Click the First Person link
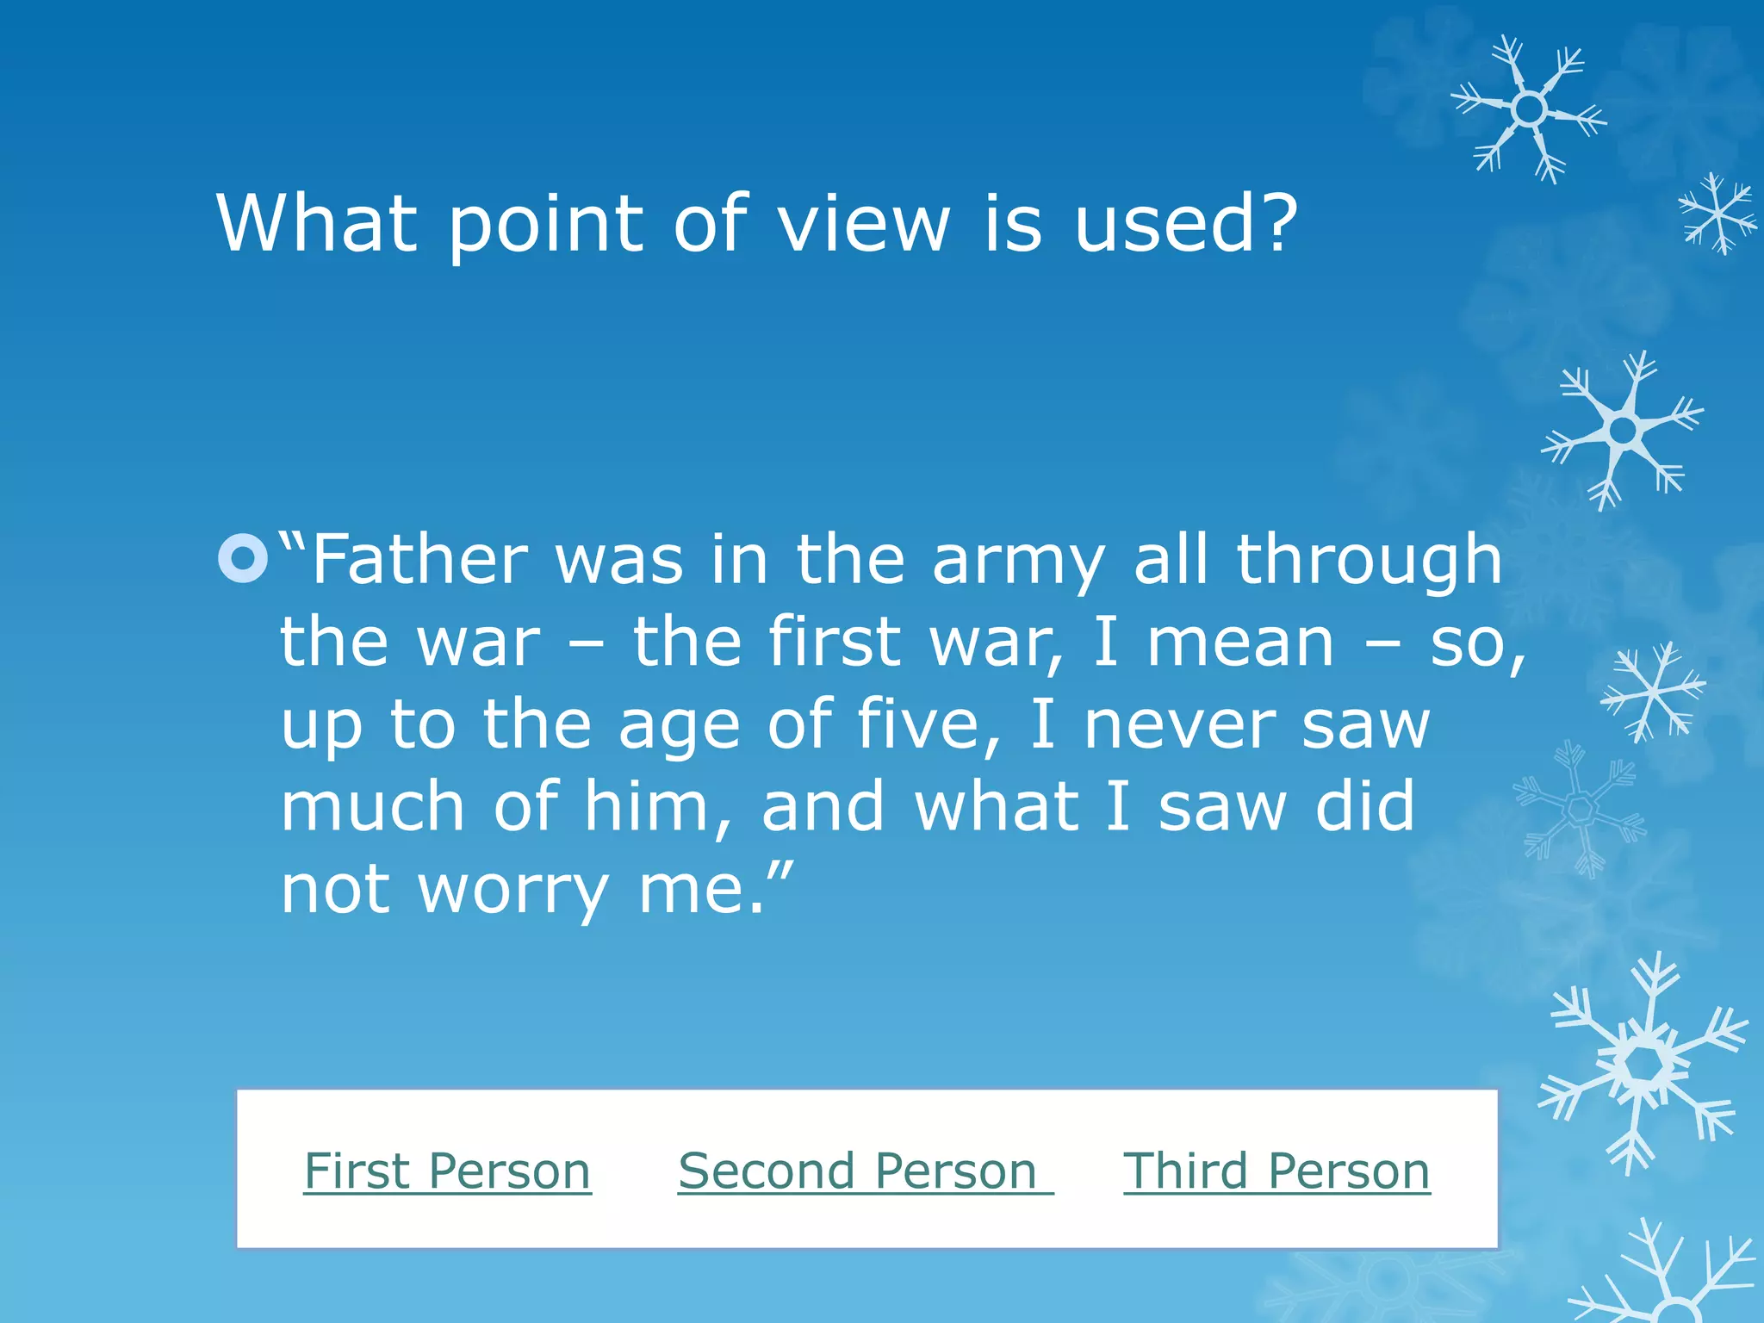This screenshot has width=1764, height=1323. pos(447,1171)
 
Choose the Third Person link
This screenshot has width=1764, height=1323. pos(1276,1171)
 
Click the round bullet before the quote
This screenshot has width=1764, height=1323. pos(243,558)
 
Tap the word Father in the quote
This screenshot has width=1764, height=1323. pos(419,560)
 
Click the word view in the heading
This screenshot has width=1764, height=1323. pos(863,223)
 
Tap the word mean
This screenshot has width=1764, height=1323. pos(1240,643)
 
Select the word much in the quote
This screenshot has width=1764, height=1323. pos(372,807)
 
